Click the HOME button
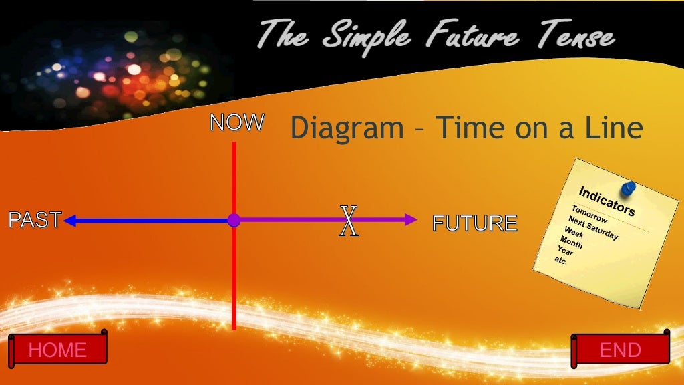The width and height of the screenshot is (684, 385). (x=57, y=350)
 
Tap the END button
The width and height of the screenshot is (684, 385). (x=621, y=350)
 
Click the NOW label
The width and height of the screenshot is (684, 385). (x=237, y=122)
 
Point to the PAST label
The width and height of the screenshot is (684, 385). (x=35, y=220)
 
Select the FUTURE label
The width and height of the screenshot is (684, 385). (x=475, y=223)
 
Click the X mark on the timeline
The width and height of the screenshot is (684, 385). (x=349, y=221)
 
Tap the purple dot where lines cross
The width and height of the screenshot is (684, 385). (x=234, y=220)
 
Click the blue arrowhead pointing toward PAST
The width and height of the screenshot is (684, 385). (x=69, y=220)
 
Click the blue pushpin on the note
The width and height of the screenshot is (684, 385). (x=627, y=189)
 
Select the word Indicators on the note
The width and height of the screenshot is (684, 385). (x=607, y=201)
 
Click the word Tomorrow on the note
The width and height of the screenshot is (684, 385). (x=589, y=215)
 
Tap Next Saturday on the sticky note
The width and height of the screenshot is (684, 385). (x=593, y=228)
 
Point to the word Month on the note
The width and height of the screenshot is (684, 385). (x=571, y=242)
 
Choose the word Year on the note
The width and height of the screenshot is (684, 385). (x=565, y=251)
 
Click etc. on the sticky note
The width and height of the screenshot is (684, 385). (x=561, y=261)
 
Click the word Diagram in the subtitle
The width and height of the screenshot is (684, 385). (x=347, y=127)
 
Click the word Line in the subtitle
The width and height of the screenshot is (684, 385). (x=611, y=127)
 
